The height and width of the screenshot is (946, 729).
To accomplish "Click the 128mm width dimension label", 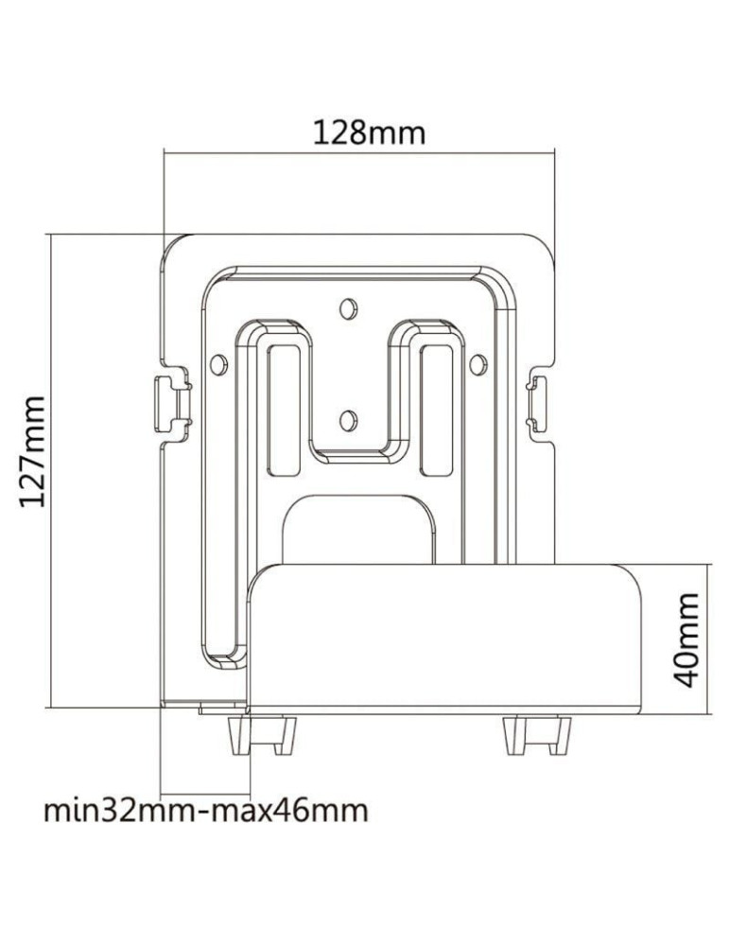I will coord(369,132).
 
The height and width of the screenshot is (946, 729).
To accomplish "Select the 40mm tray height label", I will coord(687,640).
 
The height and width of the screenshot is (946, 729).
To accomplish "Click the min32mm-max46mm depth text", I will coord(206,811).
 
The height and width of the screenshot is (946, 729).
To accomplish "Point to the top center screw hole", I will coord(348,307).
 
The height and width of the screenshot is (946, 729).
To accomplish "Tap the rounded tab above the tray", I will coord(359,525).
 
